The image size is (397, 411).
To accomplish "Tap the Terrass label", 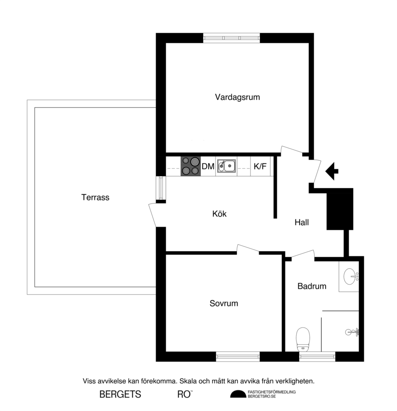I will point(95,197).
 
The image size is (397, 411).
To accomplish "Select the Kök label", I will point(219,214).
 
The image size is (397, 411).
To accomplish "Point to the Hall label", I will point(301,222).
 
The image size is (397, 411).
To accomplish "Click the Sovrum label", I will point(224,303).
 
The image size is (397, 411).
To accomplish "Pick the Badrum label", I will point(311,287).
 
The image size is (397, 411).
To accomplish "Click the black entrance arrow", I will point(332,171).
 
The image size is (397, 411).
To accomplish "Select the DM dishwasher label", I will point(208,166).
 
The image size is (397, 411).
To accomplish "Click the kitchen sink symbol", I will point(226,166).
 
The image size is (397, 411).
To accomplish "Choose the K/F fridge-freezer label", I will point(260,166).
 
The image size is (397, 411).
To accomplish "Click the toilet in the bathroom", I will point(303,339).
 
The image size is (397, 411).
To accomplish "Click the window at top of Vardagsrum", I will point(232,38).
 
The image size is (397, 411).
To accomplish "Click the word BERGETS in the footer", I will point(120,395).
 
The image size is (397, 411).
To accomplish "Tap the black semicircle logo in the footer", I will point(238,394).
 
